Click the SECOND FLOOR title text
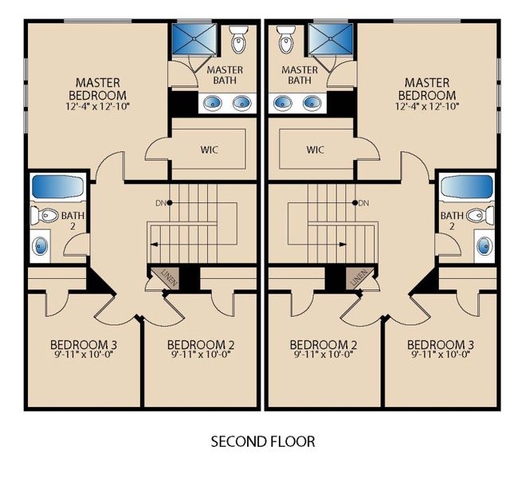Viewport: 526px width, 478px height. coord(262,441)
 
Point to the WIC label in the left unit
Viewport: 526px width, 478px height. coord(209,149)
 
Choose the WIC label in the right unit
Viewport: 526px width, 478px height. coord(316,149)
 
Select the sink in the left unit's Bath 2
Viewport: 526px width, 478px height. coord(40,245)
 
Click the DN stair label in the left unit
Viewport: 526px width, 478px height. coord(159,203)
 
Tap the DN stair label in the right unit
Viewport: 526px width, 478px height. coord(364,203)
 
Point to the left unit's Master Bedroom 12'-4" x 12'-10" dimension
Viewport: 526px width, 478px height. coord(99,105)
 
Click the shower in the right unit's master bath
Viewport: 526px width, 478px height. coord(331,38)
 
